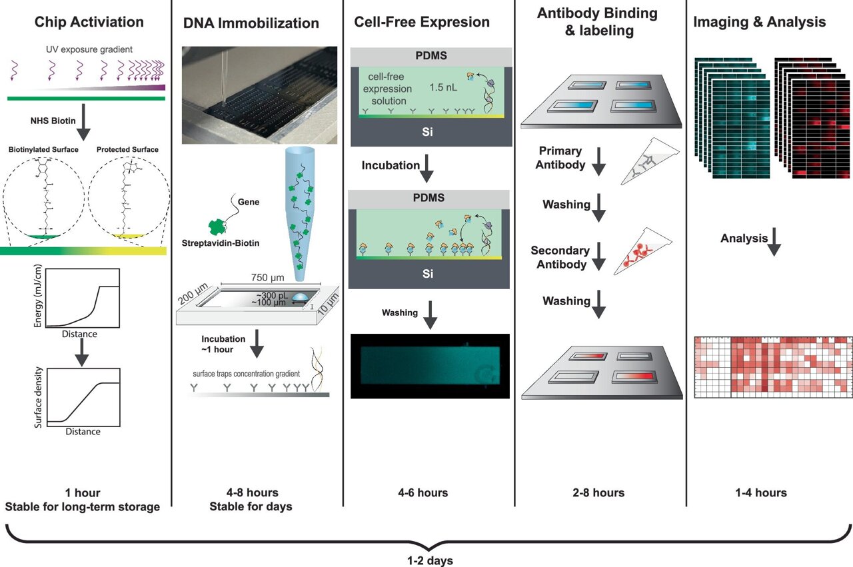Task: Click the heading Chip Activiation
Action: (89, 22)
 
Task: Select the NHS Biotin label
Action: (53, 121)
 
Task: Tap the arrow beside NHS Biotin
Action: (83, 122)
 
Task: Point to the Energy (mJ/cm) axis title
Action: (38, 296)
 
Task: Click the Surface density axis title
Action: (38, 397)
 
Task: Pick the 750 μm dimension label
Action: (267, 277)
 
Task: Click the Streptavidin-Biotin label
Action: (221, 243)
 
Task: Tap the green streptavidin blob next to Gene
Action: (217, 227)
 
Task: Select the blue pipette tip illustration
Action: (300, 214)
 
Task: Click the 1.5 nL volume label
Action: (443, 87)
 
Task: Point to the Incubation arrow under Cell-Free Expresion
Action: (426, 169)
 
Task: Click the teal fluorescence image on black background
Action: (430, 366)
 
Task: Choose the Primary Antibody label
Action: (560, 158)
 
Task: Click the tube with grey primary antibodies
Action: (650, 161)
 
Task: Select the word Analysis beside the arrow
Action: (744, 239)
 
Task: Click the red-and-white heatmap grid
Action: (773, 367)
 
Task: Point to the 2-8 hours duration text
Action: (598, 493)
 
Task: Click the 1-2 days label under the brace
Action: (430, 560)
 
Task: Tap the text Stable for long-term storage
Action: (82, 507)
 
